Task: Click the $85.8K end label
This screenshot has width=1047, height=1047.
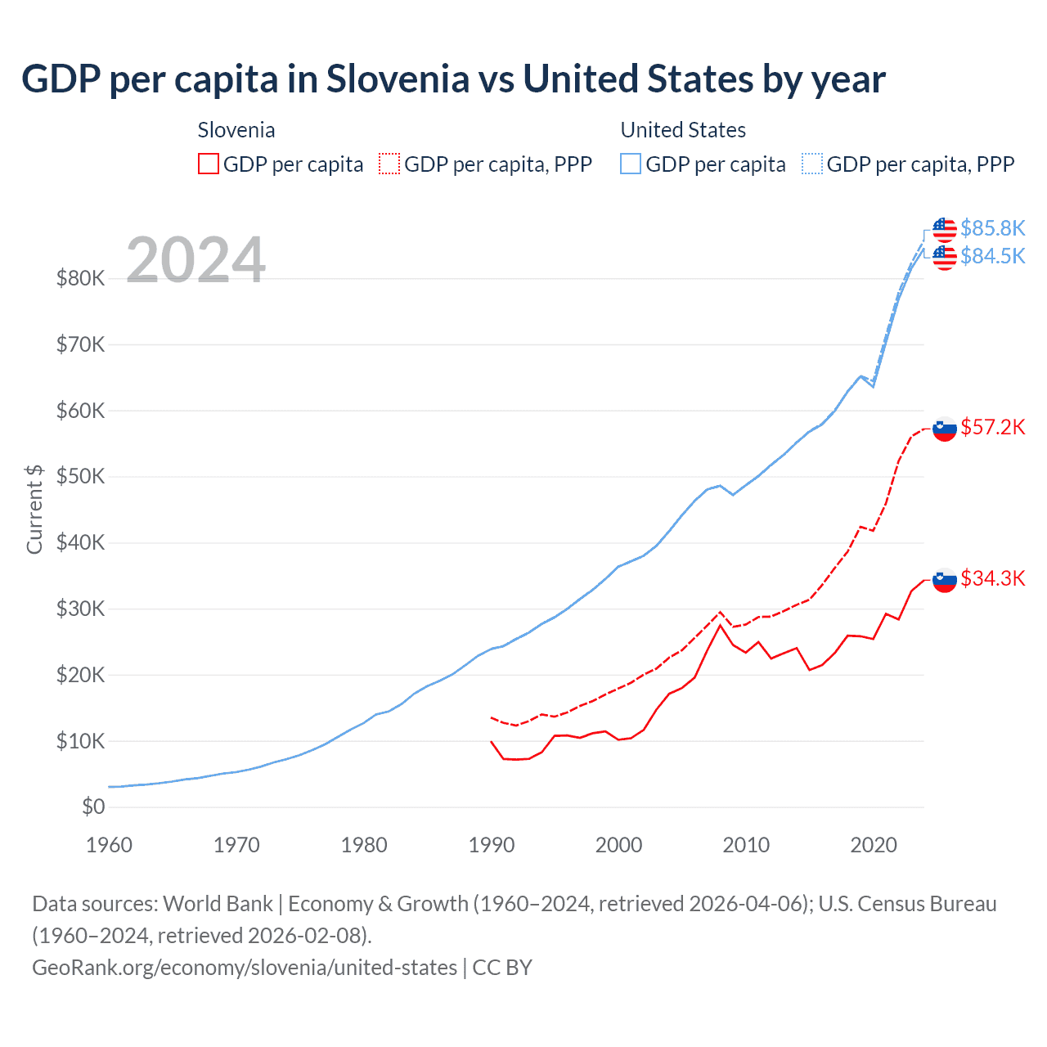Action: pyautogui.click(x=992, y=228)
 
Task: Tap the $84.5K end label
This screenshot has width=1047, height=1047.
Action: pyautogui.click(x=992, y=256)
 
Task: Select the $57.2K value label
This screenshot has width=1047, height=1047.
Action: pyautogui.click(x=992, y=427)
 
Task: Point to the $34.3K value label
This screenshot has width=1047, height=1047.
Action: pyautogui.click(x=992, y=578)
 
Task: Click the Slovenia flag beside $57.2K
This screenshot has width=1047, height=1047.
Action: pyautogui.click(x=945, y=429)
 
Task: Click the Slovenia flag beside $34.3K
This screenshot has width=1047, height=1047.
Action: pyautogui.click(x=945, y=580)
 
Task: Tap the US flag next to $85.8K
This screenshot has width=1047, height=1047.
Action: pyautogui.click(x=945, y=230)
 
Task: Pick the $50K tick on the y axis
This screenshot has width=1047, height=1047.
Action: pyautogui.click(x=80, y=476)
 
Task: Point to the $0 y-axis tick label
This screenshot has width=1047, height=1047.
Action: pyautogui.click(x=93, y=807)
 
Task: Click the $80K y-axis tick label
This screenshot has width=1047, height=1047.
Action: pyautogui.click(x=80, y=278)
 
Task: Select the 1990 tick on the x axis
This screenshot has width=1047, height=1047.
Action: pyautogui.click(x=491, y=845)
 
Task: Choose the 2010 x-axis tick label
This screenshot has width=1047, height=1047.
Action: pyautogui.click(x=746, y=845)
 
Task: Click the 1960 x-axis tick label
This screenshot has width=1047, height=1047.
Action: pyautogui.click(x=109, y=845)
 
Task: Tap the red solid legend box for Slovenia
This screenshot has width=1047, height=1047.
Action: pyautogui.click(x=209, y=164)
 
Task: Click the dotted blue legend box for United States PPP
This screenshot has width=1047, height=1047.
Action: pyautogui.click(x=812, y=164)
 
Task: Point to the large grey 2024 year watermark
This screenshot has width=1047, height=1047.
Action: pyautogui.click(x=195, y=260)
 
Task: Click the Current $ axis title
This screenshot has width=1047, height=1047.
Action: pyautogui.click(x=34, y=509)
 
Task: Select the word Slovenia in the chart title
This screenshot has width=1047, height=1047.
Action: pyautogui.click(x=398, y=79)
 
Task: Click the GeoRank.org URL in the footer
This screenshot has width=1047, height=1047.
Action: pyautogui.click(x=245, y=967)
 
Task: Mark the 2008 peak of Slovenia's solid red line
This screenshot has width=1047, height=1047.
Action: pyautogui.click(x=720, y=625)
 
